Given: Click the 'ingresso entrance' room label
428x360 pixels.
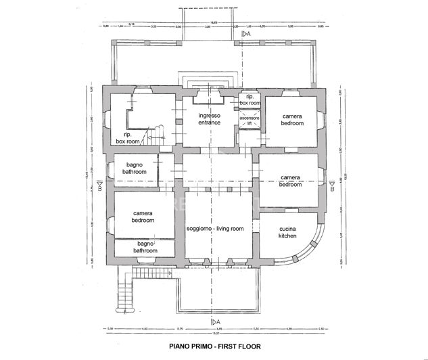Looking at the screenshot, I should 210,119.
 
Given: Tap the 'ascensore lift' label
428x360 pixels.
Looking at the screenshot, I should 249,120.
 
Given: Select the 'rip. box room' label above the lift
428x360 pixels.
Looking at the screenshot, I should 249,99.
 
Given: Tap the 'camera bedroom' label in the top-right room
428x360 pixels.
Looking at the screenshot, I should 292,120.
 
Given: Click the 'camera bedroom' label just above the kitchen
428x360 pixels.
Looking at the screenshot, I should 290,181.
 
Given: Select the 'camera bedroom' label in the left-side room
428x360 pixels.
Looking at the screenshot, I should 143,217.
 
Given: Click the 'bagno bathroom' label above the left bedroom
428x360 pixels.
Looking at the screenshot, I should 134,168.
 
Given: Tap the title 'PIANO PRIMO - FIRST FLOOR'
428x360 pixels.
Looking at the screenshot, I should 213,345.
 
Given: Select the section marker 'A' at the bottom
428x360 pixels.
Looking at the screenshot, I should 214,320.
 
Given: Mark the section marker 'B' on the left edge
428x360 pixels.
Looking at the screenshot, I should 99,183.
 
